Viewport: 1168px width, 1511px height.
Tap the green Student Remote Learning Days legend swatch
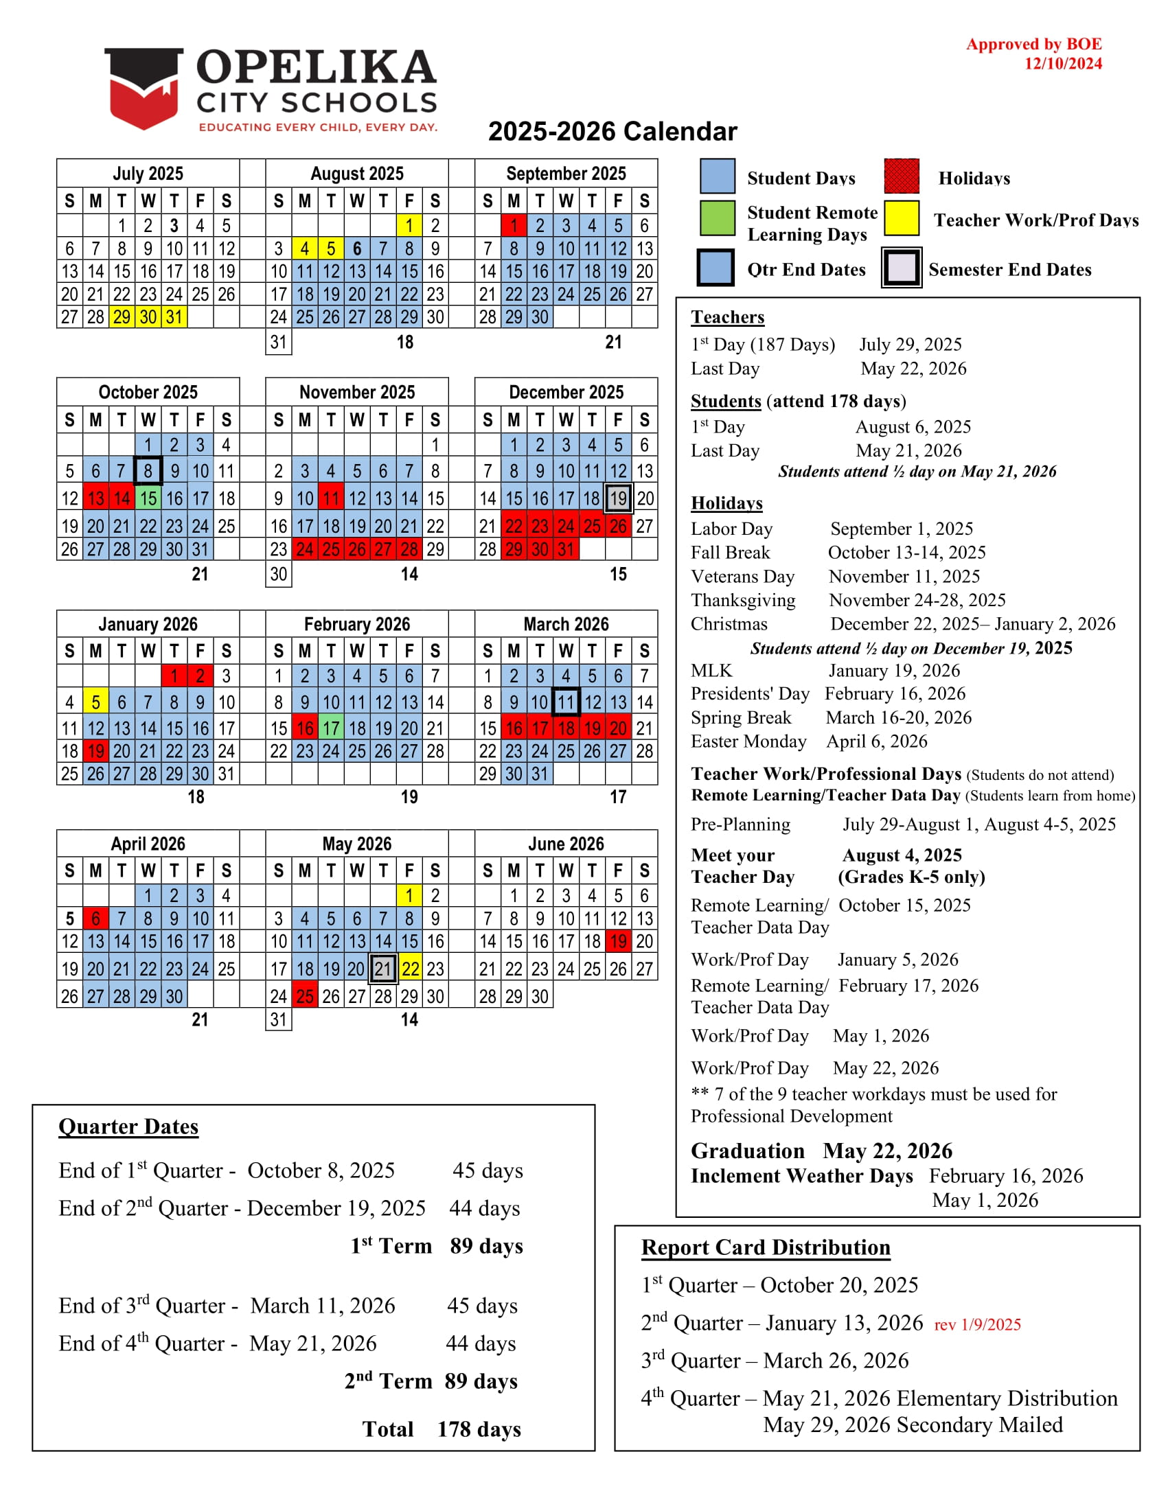(x=716, y=218)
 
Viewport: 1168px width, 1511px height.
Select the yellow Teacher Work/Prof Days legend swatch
(x=901, y=218)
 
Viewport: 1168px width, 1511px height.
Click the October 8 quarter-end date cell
(x=148, y=471)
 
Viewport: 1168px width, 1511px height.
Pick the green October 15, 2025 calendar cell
(x=148, y=498)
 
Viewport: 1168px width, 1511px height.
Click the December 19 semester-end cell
(x=618, y=498)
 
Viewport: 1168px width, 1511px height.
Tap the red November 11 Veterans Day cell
(x=331, y=498)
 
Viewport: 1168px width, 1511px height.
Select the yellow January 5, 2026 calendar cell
(x=95, y=702)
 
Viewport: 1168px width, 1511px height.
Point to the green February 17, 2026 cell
(x=331, y=728)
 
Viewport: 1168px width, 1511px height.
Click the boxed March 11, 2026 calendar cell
(x=566, y=702)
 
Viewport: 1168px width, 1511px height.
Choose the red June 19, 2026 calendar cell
(x=618, y=941)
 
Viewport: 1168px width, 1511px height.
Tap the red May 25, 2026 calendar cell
(x=304, y=996)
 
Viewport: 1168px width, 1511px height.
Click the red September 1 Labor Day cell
(x=514, y=226)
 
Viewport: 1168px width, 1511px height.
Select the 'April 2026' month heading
(x=148, y=844)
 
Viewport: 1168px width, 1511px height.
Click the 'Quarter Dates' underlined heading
(x=128, y=1127)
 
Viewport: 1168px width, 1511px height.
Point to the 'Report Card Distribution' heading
(x=766, y=1247)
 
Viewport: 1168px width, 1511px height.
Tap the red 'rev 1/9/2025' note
(x=977, y=1325)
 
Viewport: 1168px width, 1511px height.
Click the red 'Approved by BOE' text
(x=1034, y=44)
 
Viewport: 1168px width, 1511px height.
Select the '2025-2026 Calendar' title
(x=612, y=131)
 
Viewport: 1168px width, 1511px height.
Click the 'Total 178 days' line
(x=442, y=1429)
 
